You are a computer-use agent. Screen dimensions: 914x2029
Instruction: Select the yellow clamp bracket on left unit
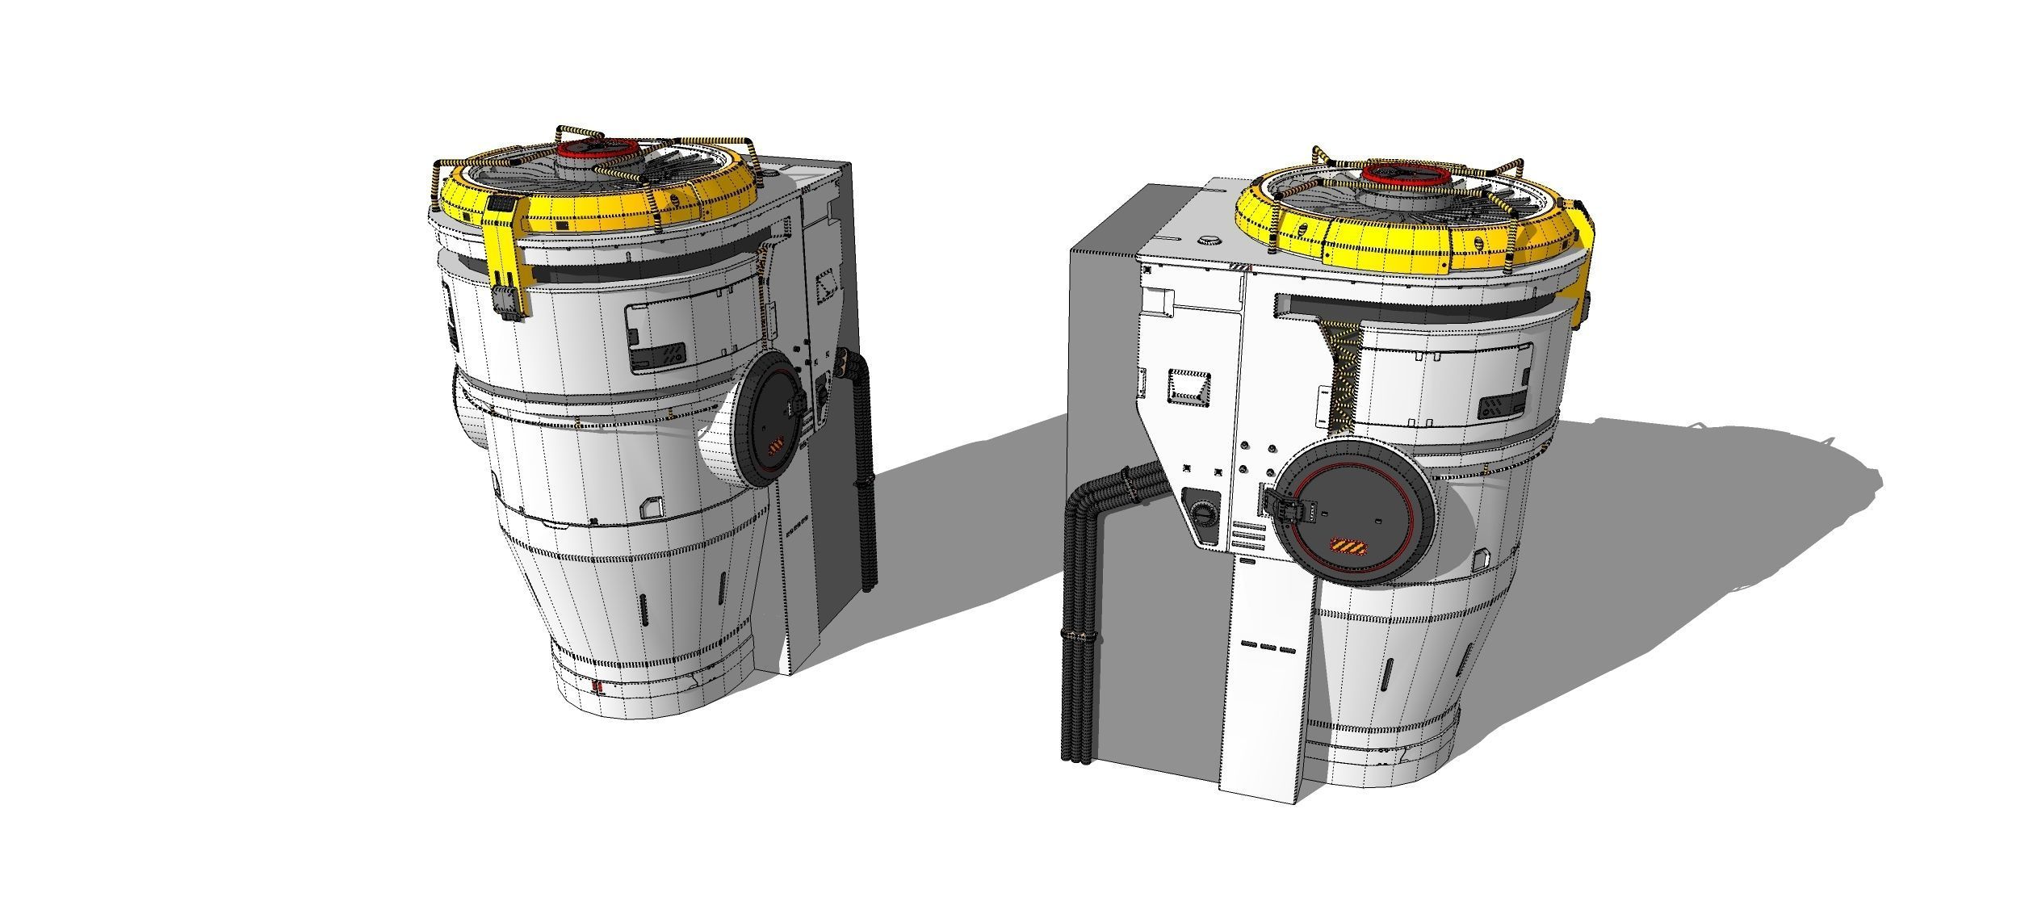tap(507, 259)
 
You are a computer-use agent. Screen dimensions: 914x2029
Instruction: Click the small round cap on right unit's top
tap(1209, 240)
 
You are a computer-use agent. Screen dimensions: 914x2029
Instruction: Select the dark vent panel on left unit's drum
tap(658, 354)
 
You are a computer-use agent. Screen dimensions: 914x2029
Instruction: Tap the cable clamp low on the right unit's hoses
tap(1079, 637)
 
